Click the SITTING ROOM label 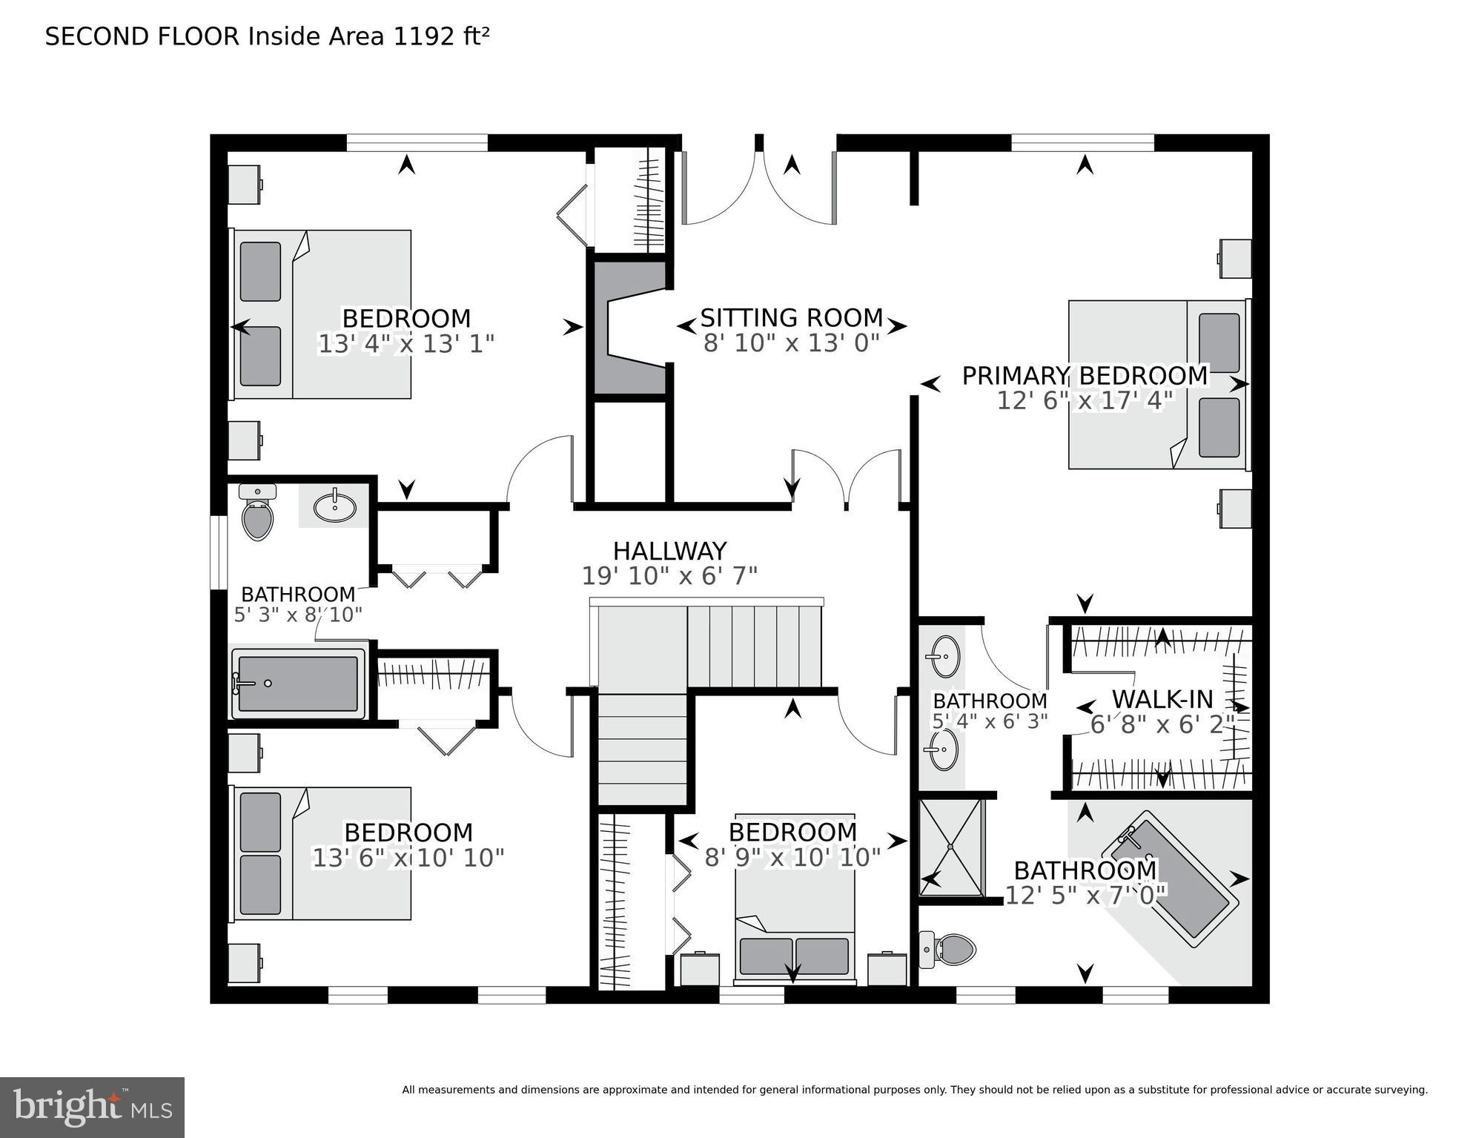point(791,318)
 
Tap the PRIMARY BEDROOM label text point(1085,376)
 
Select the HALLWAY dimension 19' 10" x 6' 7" point(669,576)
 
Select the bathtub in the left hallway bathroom point(298,684)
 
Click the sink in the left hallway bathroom point(334,507)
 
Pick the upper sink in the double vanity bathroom point(944,657)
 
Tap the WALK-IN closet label point(1162,699)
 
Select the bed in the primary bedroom point(1156,384)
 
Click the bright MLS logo point(92,1108)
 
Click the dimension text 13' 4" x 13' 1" point(406,344)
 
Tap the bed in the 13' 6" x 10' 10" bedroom point(322,853)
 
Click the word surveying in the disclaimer point(1399,1090)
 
